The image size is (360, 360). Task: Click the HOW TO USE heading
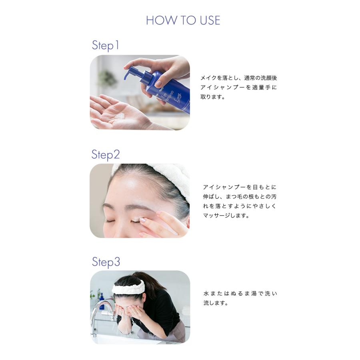tap(183, 20)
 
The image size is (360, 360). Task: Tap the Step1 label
tap(106, 45)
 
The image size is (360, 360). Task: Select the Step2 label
tap(106, 154)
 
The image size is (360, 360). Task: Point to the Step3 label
tap(106, 262)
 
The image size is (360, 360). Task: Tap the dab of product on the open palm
tap(119, 116)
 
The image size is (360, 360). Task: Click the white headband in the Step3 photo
tap(128, 287)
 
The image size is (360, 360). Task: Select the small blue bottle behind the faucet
tap(102, 299)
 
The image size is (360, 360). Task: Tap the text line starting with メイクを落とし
tap(238, 78)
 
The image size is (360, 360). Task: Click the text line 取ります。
tap(213, 97)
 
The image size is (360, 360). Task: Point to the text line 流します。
tap(216, 303)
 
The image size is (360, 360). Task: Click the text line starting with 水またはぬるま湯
tap(240, 294)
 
